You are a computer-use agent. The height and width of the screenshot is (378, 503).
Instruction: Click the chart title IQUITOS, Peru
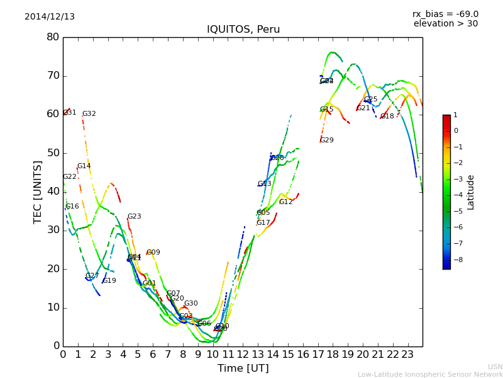[x=243, y=30]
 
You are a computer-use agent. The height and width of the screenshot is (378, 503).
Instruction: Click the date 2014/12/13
[x=50, y=17]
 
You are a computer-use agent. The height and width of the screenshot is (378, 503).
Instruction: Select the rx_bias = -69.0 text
[x=445, y=14]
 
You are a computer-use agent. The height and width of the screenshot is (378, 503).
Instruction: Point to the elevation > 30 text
[x=445, y=24]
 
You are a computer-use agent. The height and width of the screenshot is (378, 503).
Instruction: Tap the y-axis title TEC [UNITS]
[x=38, y=192]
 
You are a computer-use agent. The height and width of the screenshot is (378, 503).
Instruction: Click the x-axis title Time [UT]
[x=243, y=369]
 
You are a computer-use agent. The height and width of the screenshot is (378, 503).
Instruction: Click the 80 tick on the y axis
[x=53, y=37]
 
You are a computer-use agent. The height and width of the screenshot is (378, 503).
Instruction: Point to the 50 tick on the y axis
[x=53, y=153]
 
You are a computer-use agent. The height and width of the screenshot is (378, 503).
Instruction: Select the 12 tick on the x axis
[x=243, y=354]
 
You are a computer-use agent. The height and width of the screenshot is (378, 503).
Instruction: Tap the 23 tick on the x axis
[x=407, y=354]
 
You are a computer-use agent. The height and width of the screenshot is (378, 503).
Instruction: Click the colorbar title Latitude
[x=471, y=192]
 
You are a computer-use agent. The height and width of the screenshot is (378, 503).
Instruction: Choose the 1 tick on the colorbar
[x=456, y=115]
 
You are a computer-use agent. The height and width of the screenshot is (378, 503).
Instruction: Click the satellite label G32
[x=89, y=114]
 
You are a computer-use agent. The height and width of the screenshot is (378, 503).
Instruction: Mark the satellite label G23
[x=135, y=217]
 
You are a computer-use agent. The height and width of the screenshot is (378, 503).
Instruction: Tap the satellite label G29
[x=327, y=140]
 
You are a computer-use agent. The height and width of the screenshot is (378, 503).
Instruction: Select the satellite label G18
[x=387, y=117]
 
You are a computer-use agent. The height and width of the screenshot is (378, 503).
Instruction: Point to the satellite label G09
[x=153, y=253]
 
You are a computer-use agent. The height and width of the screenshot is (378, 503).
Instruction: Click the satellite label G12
[x=286, y=202]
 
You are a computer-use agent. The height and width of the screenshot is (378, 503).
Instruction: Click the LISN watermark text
[x=495, y=367]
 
